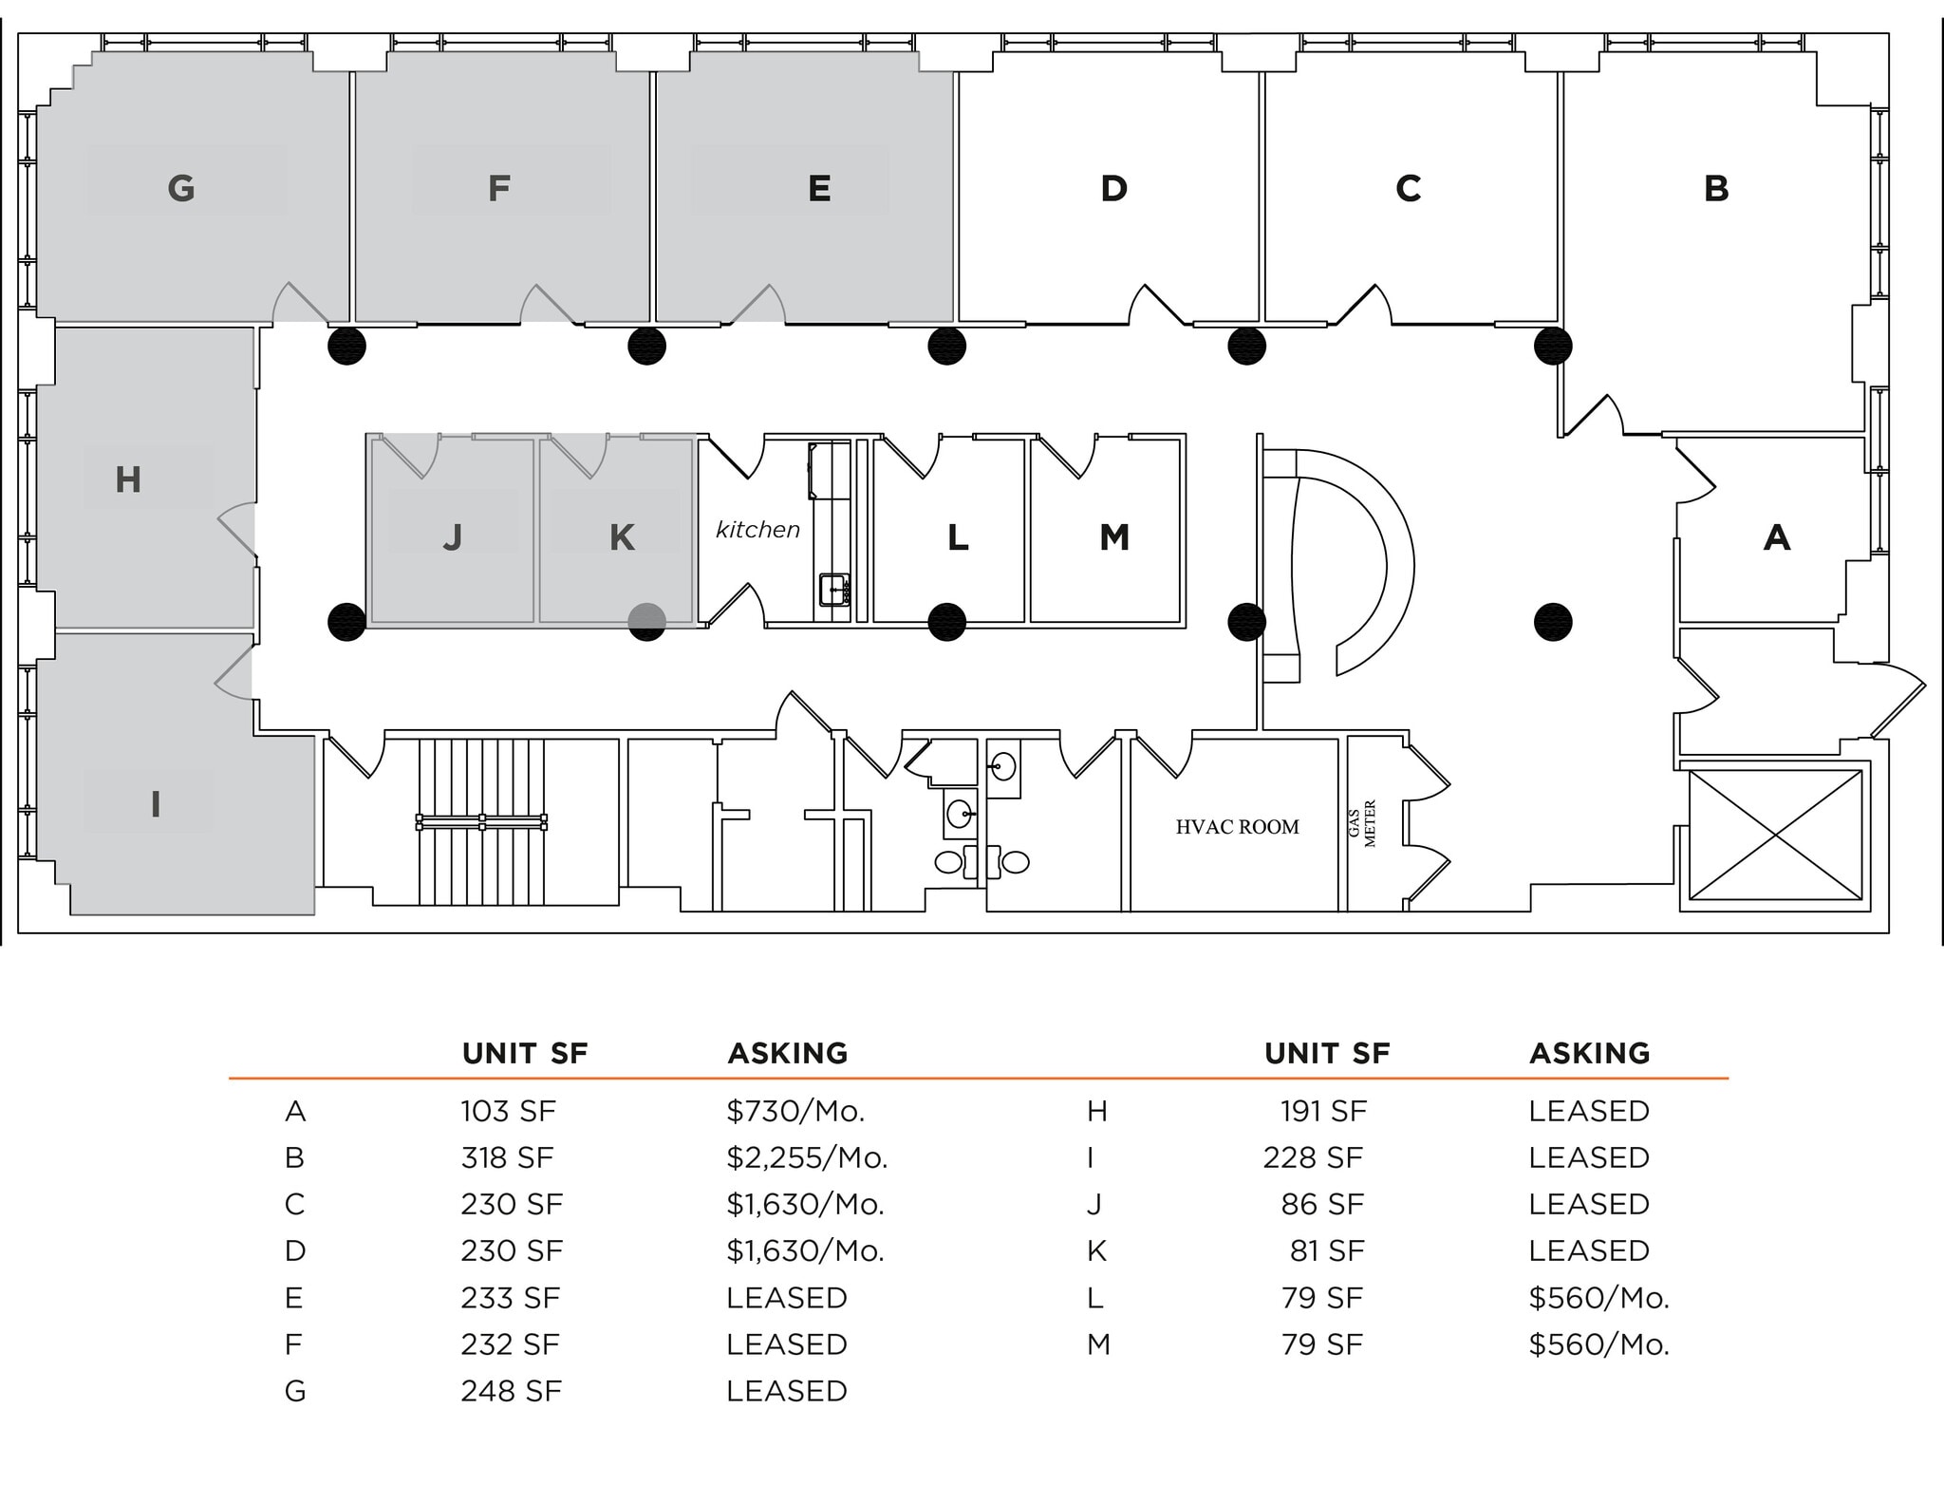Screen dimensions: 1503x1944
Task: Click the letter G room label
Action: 181,188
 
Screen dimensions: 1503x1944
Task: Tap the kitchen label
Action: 757,530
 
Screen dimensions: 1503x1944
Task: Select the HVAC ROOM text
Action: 1237,827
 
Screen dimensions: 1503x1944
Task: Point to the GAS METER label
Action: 1362,823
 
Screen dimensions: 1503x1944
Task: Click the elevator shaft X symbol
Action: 1775,835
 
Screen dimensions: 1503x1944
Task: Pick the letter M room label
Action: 1114,537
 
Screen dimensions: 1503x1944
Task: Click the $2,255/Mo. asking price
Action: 807,1157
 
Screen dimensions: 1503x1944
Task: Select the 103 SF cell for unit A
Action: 508,1111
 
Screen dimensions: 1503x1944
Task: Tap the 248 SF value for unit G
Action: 511,1391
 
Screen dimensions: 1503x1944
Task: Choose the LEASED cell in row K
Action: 1588,1250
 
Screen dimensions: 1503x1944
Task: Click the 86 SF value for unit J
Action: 1321,1204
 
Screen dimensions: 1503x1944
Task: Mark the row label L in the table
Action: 1094,1298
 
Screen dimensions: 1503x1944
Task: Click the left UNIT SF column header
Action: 524,1053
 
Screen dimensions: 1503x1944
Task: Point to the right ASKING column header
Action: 1589,1053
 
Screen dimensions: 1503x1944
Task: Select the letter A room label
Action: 1776,537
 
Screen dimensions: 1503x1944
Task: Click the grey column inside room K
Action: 647,622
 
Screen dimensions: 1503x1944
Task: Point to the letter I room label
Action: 156,804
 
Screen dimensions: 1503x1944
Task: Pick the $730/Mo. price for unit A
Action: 795,1111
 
